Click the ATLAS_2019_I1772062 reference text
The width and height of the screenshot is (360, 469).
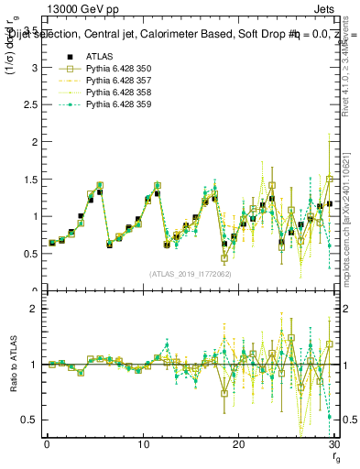pos(189,273)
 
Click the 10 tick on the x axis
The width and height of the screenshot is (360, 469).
pos(142,444)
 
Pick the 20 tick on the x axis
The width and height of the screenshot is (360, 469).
pos(237,444)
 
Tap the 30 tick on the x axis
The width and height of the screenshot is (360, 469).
pos(333,444)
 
